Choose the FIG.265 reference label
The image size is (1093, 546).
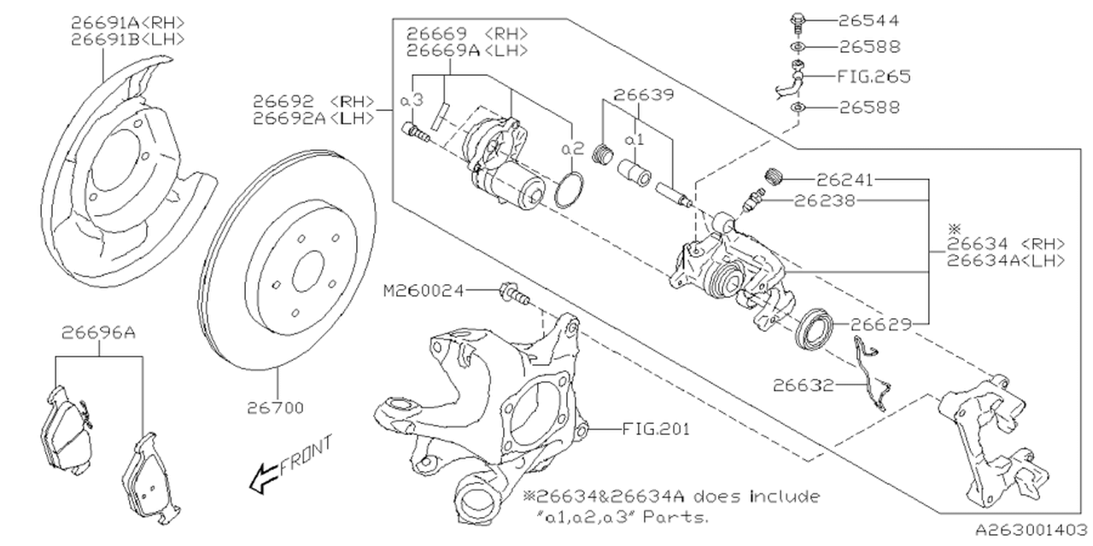(874, 76)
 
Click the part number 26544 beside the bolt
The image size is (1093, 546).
(869, 19)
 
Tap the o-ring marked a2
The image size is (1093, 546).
(569, 190)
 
